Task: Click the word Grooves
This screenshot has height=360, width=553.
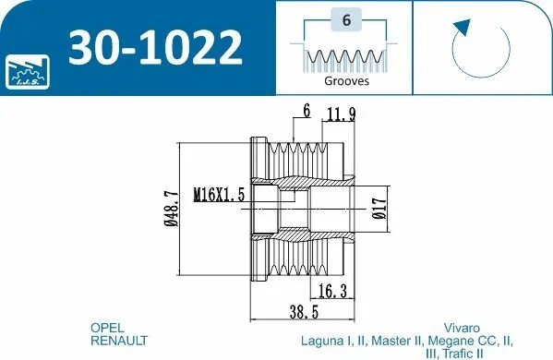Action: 346,80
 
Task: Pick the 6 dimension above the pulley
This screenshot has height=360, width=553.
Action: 304,112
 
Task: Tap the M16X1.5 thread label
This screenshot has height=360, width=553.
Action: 219,195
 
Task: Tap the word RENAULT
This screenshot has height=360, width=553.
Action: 119,341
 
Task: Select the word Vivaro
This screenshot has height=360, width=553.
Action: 461,328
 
